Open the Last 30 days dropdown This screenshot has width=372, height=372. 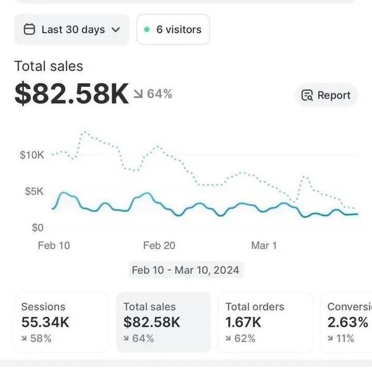pos(72,29)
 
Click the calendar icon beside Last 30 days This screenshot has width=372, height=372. pos(30,29)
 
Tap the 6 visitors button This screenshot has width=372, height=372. pos(173,29)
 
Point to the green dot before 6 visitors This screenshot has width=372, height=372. pos(147,29)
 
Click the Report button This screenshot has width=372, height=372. pos(326,95)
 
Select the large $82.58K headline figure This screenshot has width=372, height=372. pos(71,94)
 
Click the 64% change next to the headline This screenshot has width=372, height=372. pos(153,94)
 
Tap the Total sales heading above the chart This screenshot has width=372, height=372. pos(49,66)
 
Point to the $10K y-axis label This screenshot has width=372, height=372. pos(32,155)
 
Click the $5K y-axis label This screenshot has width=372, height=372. pos(35,192)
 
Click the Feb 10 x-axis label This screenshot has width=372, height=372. pos(54,245)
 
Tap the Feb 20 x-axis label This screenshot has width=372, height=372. pos(159,245)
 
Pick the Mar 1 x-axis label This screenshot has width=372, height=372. pos(264,245)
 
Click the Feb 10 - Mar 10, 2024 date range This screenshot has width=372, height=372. pos(185,270)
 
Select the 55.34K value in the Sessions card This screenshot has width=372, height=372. pos(45,322)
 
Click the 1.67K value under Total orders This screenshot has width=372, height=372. pos(243,322)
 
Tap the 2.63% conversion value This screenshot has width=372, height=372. pos(348,322)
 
